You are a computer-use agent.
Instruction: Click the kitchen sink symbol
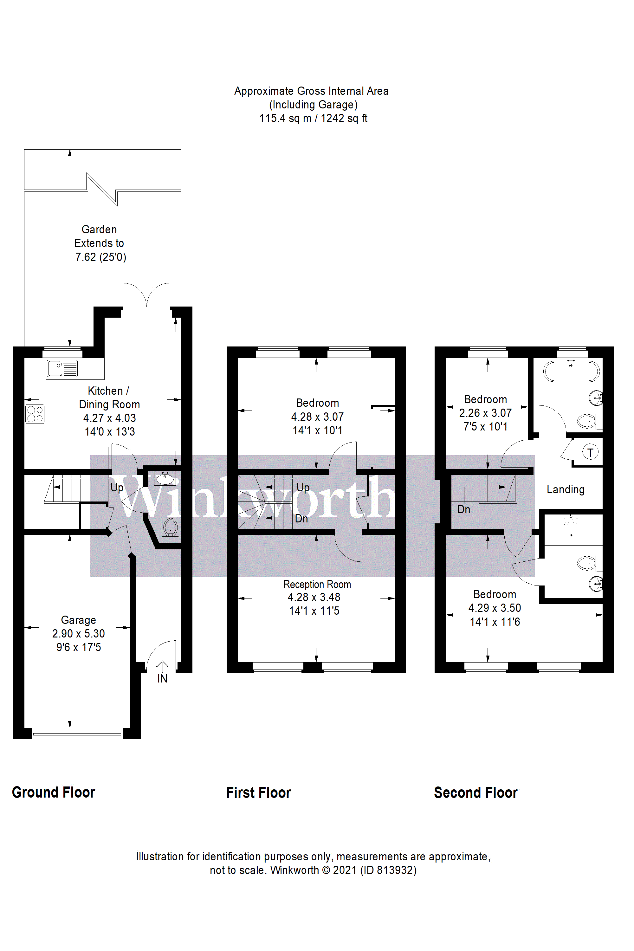pos(62,368)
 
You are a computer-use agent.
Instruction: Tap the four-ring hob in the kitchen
pos(35,414)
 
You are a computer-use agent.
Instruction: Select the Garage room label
pos(78,620)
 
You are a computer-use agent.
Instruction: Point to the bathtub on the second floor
pos(571,371)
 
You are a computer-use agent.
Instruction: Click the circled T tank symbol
pos(590,452)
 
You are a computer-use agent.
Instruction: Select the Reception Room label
pos(317,584)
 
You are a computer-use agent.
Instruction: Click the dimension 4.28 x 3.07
pos(317,417)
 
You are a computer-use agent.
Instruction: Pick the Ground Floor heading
pos(53,792)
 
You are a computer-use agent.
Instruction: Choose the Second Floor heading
pos(475,792)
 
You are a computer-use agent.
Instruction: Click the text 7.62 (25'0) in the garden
pos(101,257)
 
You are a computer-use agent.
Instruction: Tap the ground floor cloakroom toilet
pos(171,528)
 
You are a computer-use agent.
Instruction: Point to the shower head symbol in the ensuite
pos(571,521)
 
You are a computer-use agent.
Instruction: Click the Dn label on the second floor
pos(463,509)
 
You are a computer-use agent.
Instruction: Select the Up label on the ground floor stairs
pos(117,488)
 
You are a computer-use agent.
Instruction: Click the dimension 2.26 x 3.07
pos(485,413)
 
